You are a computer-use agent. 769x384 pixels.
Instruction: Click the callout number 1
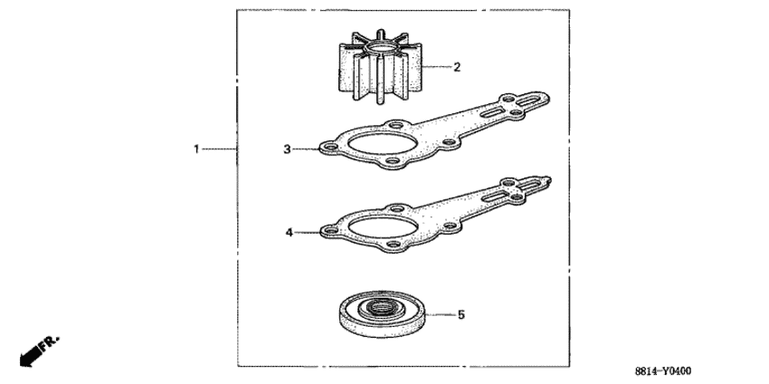point(196,149)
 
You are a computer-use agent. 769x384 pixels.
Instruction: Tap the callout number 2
point(457,67)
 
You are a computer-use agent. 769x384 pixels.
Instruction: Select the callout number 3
point(288,149)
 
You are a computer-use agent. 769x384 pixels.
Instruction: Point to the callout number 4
point(290,232)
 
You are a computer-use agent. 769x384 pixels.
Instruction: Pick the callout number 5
point(460,314)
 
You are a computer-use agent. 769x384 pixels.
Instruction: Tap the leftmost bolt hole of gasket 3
point(330,148)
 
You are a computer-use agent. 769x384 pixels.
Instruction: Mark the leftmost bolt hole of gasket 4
point(331,230)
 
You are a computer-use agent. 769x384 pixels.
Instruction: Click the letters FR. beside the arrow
point(50,342)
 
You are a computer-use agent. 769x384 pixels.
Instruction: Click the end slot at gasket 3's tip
point(527,101)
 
